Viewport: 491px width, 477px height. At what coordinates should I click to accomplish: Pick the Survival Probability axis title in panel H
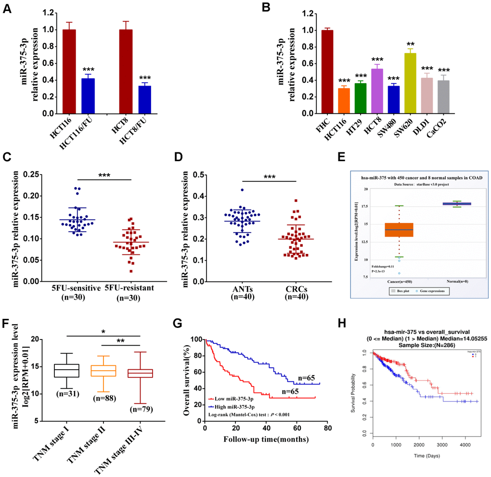point(354,393)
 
